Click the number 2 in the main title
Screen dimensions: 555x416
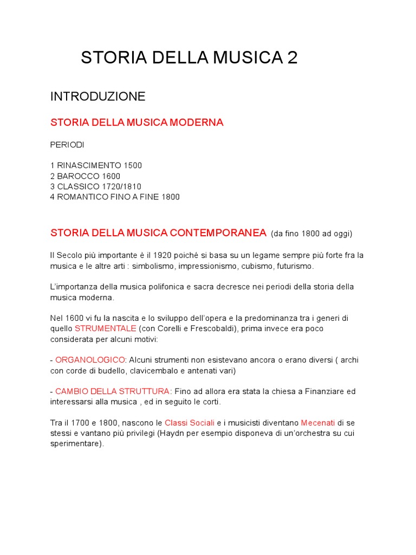[x=292, y=58]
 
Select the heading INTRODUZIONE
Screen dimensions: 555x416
[x=98, y=96]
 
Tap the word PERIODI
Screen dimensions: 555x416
[x=67, y=145]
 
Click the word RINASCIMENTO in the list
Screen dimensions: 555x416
[x=89, y=165]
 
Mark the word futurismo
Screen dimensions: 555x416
[x=295, y=266]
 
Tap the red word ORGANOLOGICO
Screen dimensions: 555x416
[x=90, y=360]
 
